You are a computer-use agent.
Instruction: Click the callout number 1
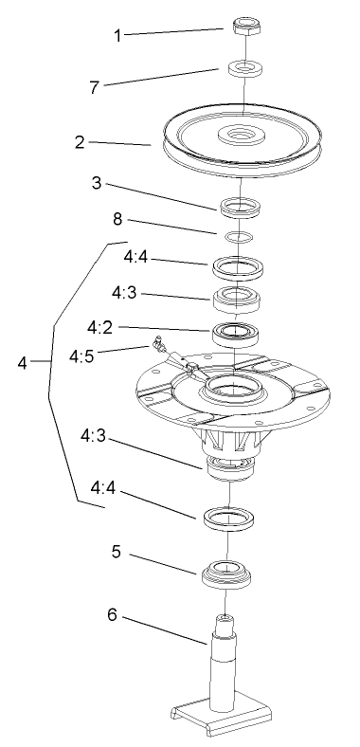pyautogui.click(x=117, y=35)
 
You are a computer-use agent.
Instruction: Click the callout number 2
pyautogui.click(x=81, y=143)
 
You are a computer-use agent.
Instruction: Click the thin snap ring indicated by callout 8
pyautogui.click(x=243, y=234)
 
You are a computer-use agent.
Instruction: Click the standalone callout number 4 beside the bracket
pyautogui.click(x=22, y=361)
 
